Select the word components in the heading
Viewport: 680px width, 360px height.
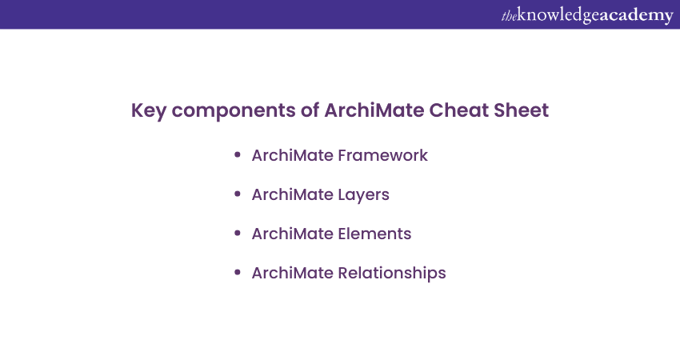[x=234, y=111]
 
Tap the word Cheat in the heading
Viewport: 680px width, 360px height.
[x=458, y=110]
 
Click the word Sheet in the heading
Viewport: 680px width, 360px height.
[x=521, y=110]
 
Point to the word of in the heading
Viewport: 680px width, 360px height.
[x=310, y=110]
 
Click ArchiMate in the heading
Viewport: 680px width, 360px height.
[x=374, y=110]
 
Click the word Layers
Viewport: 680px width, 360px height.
[x=364, y=195]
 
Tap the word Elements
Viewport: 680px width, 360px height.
[x=374, y=234]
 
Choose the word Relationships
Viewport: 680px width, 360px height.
[x=392, y=274]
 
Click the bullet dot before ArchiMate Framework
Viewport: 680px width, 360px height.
[x=238, y=155]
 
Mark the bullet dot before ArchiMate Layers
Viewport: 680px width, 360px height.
[x=238, y=194]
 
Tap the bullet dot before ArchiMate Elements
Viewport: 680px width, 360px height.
[x=238, y=234]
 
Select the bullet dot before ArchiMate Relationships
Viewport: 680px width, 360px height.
[x=238, y=272]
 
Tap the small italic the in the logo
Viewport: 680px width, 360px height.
[x=509, y=16]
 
